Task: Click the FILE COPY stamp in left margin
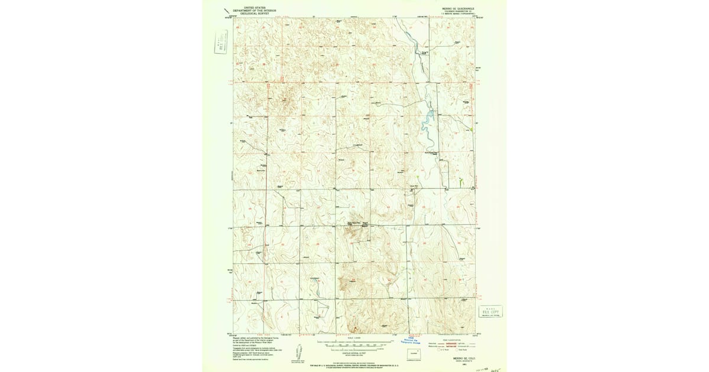click(x=222, y=45)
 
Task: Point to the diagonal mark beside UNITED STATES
click(x=226, y=10)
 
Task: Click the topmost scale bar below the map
click(x=354, y=341)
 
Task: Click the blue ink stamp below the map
click(x=417, y=340)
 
